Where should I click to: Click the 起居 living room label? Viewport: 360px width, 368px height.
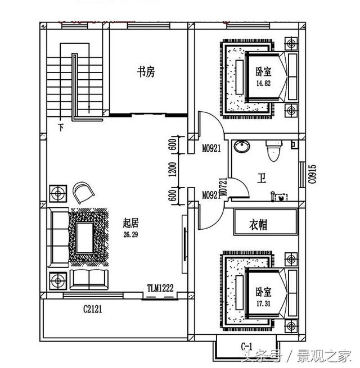tap(130, 224)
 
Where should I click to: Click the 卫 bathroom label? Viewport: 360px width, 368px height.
tap(262, 178)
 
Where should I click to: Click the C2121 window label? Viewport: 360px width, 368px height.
tap(93, 308)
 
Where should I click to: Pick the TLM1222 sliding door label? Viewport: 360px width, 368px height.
tap(160, 288)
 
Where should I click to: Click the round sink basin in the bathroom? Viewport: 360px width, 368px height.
tap(243, 147)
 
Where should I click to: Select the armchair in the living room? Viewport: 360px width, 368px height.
tap(84, 192)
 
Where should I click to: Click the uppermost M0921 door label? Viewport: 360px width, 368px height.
tap(211, 149)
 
